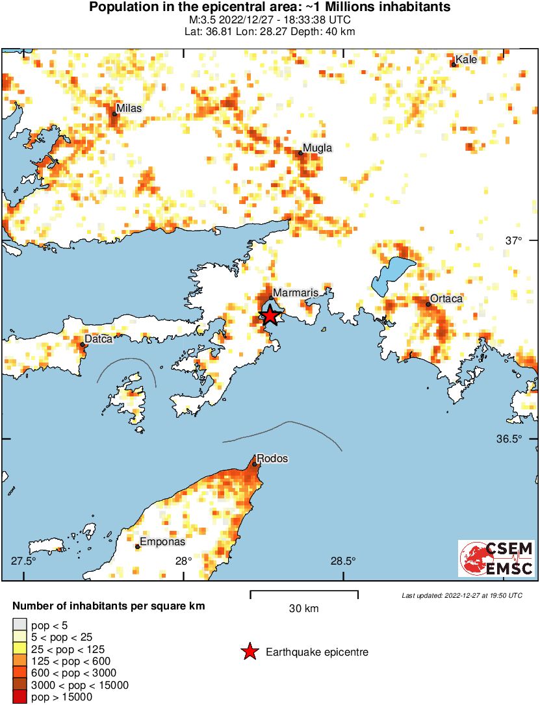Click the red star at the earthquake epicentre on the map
pos(270,316)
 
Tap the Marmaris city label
pos(295,293)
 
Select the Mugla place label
pos(318,148)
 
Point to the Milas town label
pos(128,108)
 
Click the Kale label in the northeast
pos(466,60)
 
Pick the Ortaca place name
pos(447,299)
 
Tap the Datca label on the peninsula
pos(99,339)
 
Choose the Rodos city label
pos(272,459)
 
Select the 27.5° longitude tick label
pos(24,561)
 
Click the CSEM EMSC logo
pos(496,558)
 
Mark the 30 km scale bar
pos(304,592)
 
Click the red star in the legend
pos(249,652)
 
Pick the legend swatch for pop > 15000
pos(20,697)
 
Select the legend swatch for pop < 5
pos(20,625)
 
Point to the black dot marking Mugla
pos(301,153)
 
